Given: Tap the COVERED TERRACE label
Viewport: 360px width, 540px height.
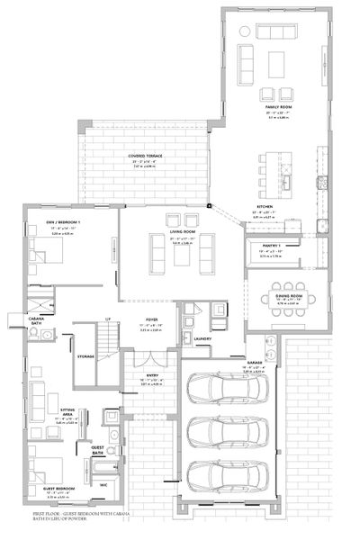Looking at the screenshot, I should pyautogui.click(x=145, y=155).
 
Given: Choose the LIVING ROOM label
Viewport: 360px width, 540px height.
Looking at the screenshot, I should pyautogui.click(x=184, y=231).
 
